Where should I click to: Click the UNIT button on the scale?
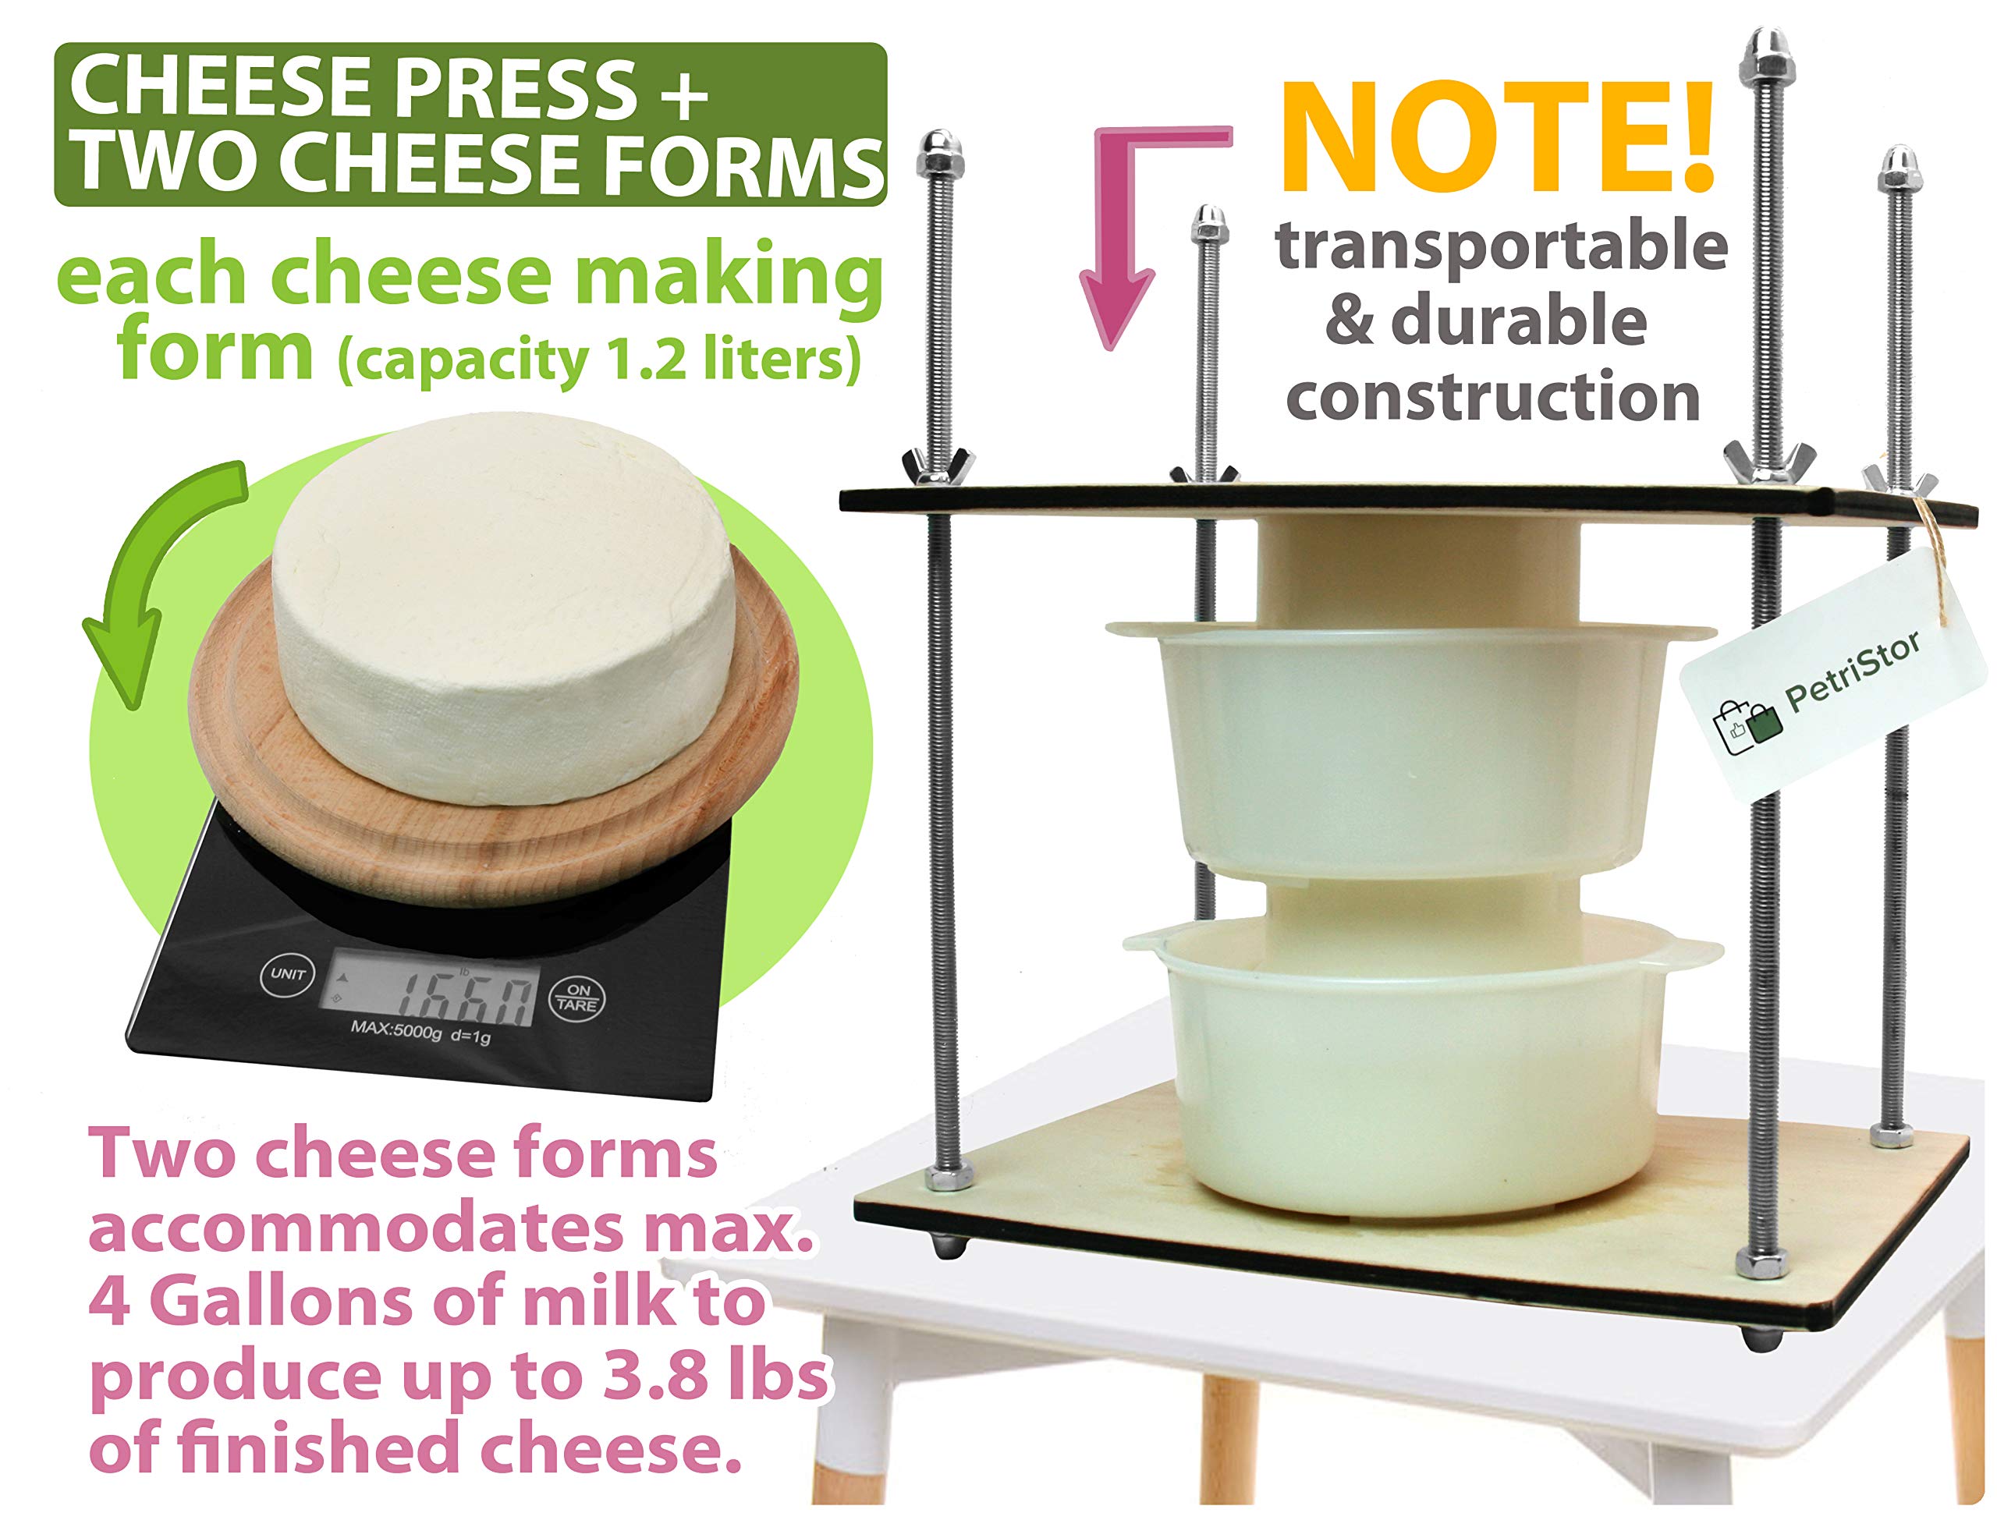288,975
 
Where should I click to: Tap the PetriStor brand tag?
1832,677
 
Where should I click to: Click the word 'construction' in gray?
1493,397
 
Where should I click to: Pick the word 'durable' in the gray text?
1519,321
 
